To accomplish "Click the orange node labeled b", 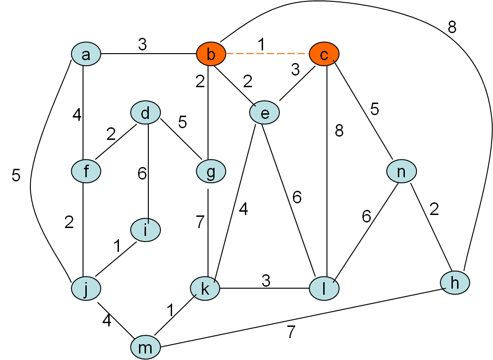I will tap(211, 55).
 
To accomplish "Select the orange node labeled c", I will tap(324, 55).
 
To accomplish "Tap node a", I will tap(86, 55).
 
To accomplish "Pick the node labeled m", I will tap(146, 347).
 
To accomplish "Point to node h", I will tap(455, 283).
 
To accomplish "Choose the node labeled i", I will tap(146, 230).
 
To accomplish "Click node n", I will tap(401, 172).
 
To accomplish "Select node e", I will tap(264, 113).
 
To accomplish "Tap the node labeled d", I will tap(146, 113).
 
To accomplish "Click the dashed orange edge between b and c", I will tap(267, 55).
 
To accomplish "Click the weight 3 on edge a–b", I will tap(142, 44).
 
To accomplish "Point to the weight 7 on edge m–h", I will tap(291, 332).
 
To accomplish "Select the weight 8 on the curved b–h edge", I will tap(451, 28).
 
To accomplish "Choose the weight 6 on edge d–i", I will tap(142, 173).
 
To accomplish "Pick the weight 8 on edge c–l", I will tap(339, 131).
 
